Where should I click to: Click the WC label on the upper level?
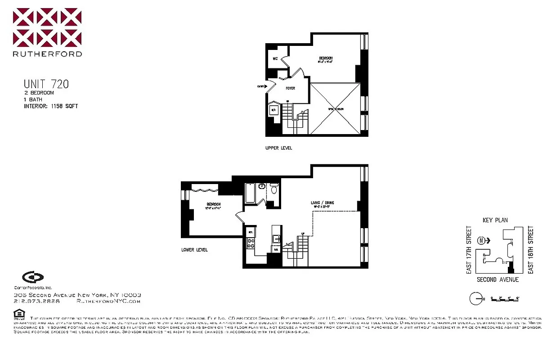(275, 58)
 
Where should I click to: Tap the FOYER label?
(290, 88)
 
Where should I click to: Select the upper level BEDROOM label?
(326, 59)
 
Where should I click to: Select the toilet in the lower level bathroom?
(274, 189)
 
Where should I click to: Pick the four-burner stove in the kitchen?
(250, 243)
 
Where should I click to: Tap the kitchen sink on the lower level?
(276, 239)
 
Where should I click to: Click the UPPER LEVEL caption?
(278, 148)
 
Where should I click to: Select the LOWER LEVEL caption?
(194, 250)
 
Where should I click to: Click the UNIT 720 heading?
(46, 84)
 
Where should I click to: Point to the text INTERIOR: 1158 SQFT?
(51, 106)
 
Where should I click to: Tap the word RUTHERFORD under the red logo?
(47, 54)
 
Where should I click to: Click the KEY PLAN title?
(495, 220)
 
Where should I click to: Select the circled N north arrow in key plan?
(482, 240)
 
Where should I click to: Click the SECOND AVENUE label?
(498, 279)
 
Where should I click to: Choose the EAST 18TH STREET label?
(531, 250)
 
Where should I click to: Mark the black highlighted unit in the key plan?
(510, 270)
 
